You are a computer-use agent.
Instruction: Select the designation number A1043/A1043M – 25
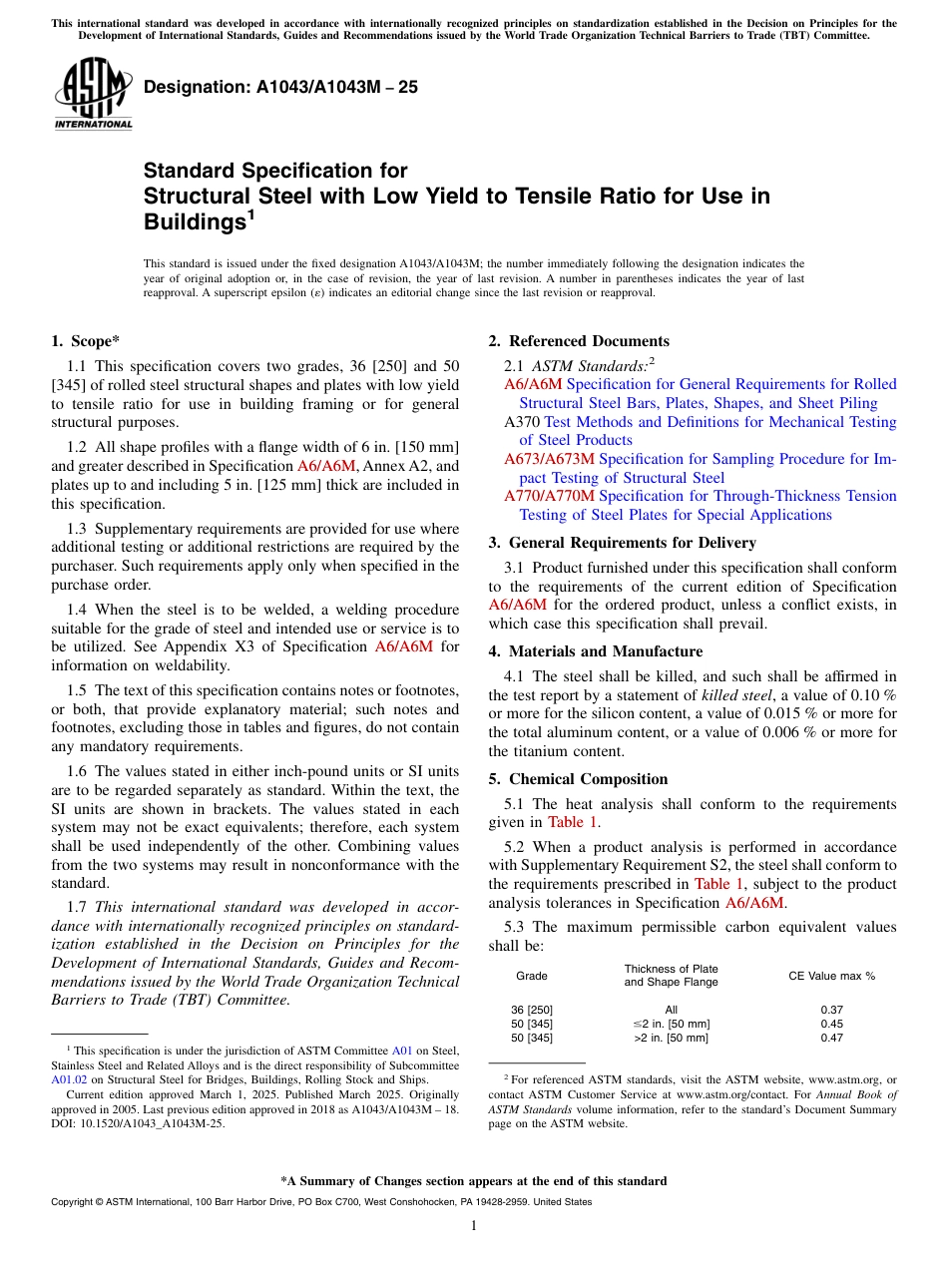coord(280,88)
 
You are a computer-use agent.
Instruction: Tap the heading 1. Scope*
coord(86,341)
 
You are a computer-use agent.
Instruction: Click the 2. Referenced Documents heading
coord(579,341)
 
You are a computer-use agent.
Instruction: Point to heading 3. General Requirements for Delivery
coord(623,543)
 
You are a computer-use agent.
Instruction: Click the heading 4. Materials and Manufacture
coord(595,651)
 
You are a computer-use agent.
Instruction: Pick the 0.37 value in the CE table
coord(831,1010)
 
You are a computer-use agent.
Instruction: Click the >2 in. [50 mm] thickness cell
coord(671,1039)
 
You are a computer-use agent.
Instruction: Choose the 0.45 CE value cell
coord(831,1025)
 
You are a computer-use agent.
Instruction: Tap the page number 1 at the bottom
coord(474,1225)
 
